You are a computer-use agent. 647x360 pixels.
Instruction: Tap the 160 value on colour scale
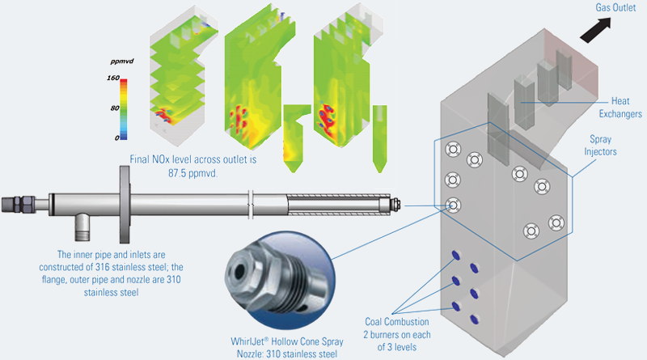pos(114,78)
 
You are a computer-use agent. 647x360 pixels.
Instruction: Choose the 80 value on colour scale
pos(116,108)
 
